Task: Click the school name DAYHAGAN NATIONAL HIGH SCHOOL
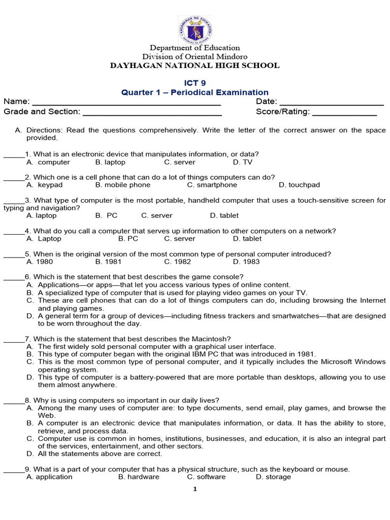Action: (195, 66)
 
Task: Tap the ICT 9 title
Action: (195, 83)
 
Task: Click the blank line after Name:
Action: (126, 103)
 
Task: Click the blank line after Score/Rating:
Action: (344, 113)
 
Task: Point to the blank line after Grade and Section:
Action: (151, 113)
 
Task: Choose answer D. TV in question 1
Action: (243, 162)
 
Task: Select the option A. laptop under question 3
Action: (41, 216)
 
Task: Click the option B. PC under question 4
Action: (128, 239)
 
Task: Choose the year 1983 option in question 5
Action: (246, 262)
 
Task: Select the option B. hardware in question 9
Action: (139, 477)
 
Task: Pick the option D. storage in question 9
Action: (273, 477)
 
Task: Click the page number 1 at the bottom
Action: (195, 490)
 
